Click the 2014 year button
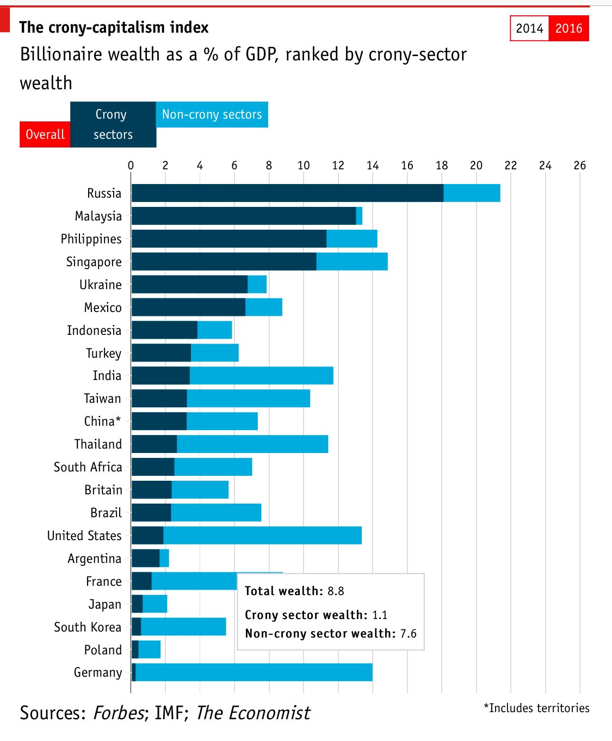pyautogui.click(x=529, y=28)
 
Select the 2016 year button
pyautogui.click(x=568, y=28)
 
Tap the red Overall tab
pyautogui.click(x=45, y=134)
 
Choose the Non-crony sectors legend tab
pyautogui.click(x=212, y=114)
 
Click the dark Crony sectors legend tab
pyautogui.click(x=113, y=124)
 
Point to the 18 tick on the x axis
pyautogui.click(x=442, y=166)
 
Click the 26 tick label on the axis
pyautogui.click(x=579, y=166)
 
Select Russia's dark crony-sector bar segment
pyautogui.click(x=287, y=193)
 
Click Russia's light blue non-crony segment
pyautogui.click(x=472, y=193)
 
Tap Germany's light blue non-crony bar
pyautogui.click(x=254, y=672)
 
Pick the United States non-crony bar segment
pyautogui.click(x=262, y=535)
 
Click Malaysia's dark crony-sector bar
pyautogui.click(x=243, y=216)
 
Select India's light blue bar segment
pyautogui.click(x=261, y=376)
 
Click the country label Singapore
pyautogui.click(x=94, y=262)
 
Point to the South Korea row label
pyautogui.click(x=88, y=627)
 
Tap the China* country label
pyautogui.click(x=102, y=421)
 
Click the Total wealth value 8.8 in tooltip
pyautogui.click(x=336, y=591)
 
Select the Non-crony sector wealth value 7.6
pyautogui.click(x=408, y=634)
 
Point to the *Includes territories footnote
pyautogui.click(x=536, y=708)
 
